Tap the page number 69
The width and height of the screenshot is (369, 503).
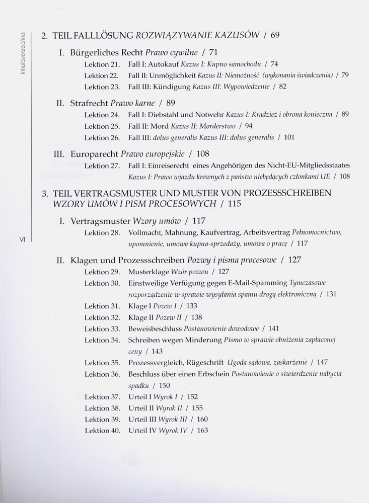coord(275,36)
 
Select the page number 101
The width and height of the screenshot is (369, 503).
coord(289,137)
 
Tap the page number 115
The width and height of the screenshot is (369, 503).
coord(235,204)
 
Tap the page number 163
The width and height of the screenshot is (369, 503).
coord(202,431)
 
